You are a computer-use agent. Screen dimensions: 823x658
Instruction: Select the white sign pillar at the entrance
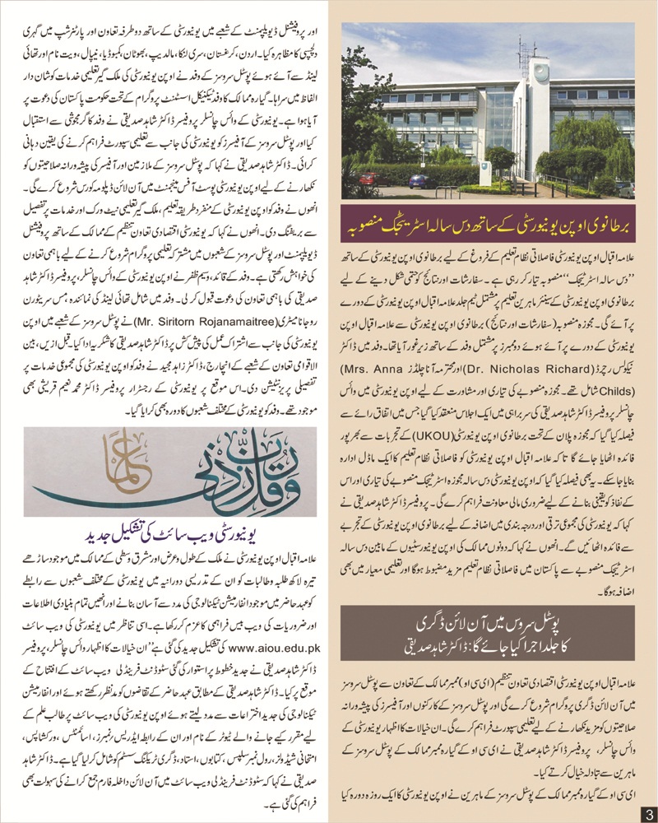(x=485, y=174)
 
